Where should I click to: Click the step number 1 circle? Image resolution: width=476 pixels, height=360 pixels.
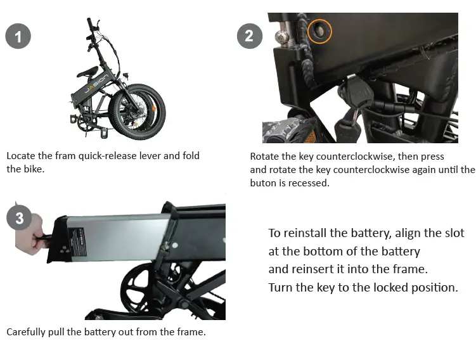pos(18,37)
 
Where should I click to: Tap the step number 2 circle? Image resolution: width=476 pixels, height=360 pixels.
pos(249,35)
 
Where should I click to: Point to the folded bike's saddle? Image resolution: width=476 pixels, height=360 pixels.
pos(87,72)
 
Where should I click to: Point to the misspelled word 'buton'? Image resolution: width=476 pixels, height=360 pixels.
pos(263,183)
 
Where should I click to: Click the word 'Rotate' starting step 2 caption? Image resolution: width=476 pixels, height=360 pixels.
pos(264,156)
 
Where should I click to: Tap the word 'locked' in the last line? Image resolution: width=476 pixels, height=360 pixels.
pos(389,287)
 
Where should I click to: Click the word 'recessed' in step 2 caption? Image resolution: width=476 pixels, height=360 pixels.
pos(310,183)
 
